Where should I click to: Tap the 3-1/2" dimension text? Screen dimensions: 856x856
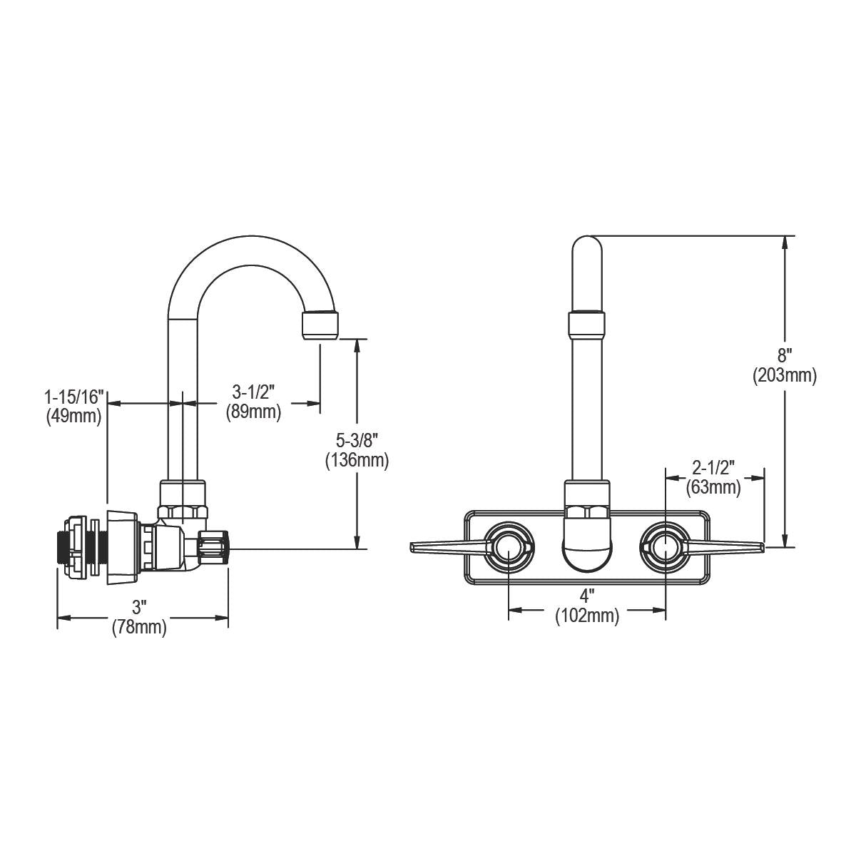click(253, 392)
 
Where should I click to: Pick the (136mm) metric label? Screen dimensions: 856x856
click(357, 460)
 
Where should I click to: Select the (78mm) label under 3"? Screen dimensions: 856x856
click(139, 628)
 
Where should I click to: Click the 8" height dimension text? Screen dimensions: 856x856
click(785, 355)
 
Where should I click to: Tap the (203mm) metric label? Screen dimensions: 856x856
click(785, 375)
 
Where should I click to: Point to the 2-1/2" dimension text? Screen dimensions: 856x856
click(713, 468)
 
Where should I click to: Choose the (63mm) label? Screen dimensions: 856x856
click(713, 488)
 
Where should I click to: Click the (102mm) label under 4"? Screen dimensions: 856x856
click(587, 616)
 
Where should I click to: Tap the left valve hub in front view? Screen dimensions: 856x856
click(508, 547)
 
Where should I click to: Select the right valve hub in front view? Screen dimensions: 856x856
click(666, 547)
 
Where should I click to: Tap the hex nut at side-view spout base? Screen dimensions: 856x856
click(183, 512)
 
